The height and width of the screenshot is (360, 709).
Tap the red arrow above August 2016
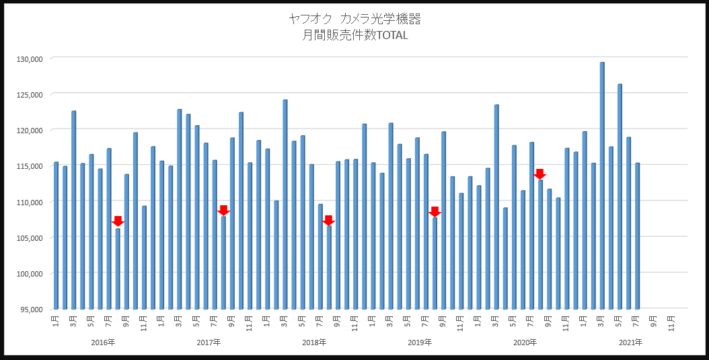pos(118,221)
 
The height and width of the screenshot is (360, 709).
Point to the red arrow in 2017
pos(223,210)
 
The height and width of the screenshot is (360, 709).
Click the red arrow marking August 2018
pos(328,220)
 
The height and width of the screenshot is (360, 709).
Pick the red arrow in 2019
pos(435,211)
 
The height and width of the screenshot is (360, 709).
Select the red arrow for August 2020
pos(539,174)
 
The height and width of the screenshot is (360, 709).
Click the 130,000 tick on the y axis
pos(29,59)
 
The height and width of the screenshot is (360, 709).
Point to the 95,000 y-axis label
pos(31,310)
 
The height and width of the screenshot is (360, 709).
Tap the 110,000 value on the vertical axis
pos(29,202)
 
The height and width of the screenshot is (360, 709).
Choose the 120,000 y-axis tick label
pos(29,130)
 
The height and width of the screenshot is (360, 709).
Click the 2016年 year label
pos(103,343)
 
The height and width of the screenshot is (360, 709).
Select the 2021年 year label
pos(630,343)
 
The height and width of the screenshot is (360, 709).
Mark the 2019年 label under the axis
pos(420,343)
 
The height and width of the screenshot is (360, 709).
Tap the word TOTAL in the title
pos(392,36)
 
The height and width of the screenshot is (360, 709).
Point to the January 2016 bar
pos(56,236)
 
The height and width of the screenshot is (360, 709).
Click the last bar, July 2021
pos(637,236)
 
